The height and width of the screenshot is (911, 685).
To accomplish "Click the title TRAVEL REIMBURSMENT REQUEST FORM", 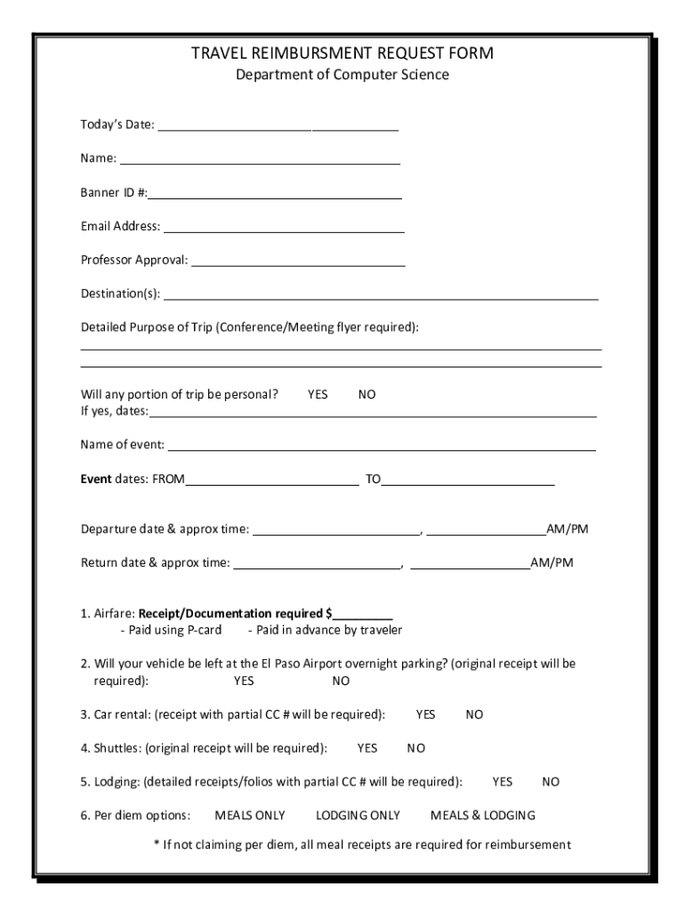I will pyautogui.click(x=342, y=53).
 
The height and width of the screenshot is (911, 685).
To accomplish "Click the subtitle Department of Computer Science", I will pyautogui.click(x=342, y=75).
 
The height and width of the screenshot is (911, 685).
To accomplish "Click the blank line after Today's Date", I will pyautogui.click(x=278, y=128).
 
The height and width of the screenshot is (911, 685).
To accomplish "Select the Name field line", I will pyautogui.click(x=260, y=162).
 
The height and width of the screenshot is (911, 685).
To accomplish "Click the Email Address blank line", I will pyautogui.click(x=283, y=230).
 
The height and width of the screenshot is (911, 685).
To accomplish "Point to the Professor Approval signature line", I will pyautogui.click(x=298, y=263).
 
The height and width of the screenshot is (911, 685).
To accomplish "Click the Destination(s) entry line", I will pyautogui.click(x=381, y=297).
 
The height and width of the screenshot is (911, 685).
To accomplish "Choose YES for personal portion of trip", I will pyautogui.click(x=318, y=394).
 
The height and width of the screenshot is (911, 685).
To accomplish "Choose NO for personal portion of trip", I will pyautogui.click(x=367, y=394).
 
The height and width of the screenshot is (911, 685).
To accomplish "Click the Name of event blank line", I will pyautogui.click(x=381, y=447).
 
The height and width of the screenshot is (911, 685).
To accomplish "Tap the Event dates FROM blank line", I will pyautogui.click(x=271, y=483).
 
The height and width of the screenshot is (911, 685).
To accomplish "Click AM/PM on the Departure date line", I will pyautogui.click(x=568, y=529).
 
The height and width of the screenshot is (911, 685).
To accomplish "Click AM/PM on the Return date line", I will pyautogui.click(x=552, y=563).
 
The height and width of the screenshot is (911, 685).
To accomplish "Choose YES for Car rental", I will pyautogui.click(x=425, y=714).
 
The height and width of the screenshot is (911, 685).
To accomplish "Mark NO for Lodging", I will pyautogui.click(x=551, y=782).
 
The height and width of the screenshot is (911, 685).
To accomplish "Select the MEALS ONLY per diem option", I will pyautogui.click(x=250, y=816).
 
